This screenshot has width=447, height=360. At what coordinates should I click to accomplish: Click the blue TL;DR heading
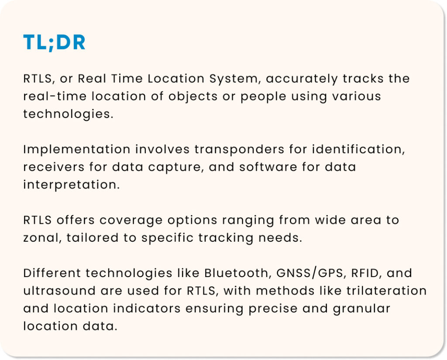[x=54, y=43]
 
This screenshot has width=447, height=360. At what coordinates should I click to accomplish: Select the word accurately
[x=302, y=79]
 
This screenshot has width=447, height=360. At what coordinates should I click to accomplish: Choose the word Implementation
[x=77, y=150]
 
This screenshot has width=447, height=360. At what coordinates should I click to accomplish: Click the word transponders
[x=240, y=150]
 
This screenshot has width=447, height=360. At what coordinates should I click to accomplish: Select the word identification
[x=358, y=149]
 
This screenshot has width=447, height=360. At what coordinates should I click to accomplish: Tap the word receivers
[x=54, y=167]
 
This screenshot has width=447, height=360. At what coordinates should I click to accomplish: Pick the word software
[x=268, y=167]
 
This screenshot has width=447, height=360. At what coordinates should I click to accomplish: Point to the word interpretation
[x=71, y=185]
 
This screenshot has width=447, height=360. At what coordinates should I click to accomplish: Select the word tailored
[x=93, y=238]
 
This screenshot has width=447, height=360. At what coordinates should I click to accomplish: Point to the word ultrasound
[x=59, y=291]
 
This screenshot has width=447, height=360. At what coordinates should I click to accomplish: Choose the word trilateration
[x=387, y=291]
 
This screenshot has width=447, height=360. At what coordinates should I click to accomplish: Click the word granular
[x=361, y=309]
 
